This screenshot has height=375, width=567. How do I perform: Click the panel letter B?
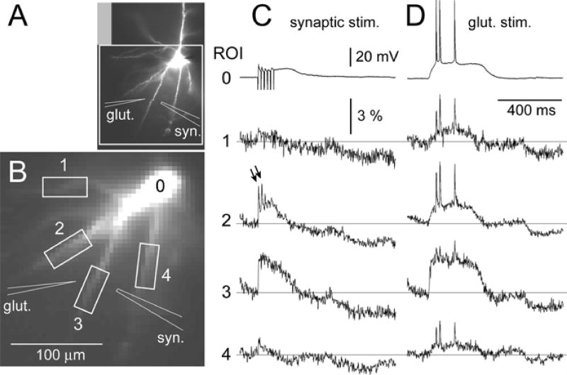19,166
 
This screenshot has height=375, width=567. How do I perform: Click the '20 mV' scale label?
377,57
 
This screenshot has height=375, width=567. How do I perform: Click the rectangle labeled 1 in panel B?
64,187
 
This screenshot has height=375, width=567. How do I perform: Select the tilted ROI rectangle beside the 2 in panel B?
68,248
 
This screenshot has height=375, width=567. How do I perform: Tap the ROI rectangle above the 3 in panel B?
91,289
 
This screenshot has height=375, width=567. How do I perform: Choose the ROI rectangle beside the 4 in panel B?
149,265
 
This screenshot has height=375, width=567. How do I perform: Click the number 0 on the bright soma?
161,186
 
